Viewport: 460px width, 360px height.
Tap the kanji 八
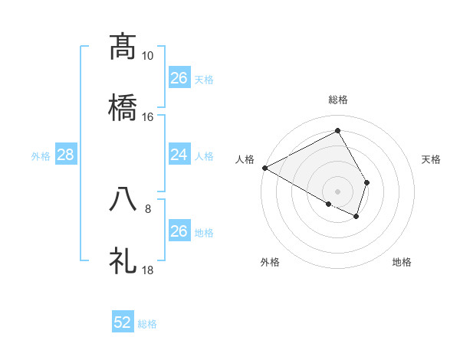(123, 198)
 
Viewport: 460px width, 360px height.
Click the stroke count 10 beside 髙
(147, 56)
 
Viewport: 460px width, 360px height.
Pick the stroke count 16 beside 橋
(147, 116)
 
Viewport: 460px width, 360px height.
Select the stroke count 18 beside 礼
(147, 270)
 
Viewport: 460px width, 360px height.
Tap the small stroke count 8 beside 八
(148, 208)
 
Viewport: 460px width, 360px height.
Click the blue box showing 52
(123, 322)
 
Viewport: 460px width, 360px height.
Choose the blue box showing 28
(66, 155)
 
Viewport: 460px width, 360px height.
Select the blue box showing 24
(179, 155)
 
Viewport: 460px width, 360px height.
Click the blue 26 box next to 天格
(179, 78)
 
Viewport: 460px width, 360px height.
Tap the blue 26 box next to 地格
(179, 231)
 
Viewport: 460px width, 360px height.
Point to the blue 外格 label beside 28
(41, 156)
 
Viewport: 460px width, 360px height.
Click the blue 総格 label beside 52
(147, 324)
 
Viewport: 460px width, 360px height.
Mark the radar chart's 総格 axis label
(338, 100)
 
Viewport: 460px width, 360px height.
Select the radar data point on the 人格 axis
(264, 168)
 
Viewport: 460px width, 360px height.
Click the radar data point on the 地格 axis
(356, 217)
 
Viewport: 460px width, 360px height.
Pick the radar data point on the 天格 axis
(367, 182)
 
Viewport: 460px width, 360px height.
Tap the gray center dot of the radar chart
(338, 191)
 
